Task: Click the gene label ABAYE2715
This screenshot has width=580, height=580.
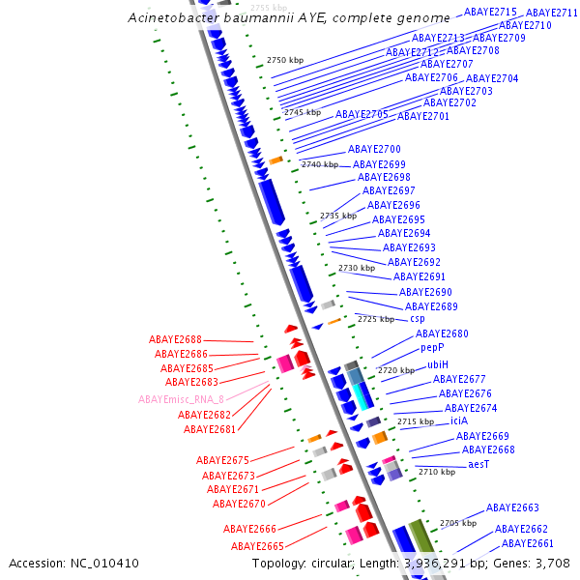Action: (490, 12)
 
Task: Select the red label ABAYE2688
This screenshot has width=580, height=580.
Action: (175, 340)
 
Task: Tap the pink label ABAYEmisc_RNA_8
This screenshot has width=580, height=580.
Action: (181, 399)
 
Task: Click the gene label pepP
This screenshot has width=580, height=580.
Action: (432, 347)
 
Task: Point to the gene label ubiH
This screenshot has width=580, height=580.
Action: (438, 364)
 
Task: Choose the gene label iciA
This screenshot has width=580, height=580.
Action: (459, 420)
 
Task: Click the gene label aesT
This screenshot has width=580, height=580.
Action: (478, 464)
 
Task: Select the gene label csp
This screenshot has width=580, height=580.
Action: (418, 318)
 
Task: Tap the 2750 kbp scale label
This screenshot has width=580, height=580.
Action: (285, 60)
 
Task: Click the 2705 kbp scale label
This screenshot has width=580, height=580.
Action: (458, 523)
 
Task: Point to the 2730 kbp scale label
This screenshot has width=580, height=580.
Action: (356, 268)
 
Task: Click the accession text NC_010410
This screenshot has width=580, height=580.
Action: (108, 563)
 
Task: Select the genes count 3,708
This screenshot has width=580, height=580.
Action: (550, 563)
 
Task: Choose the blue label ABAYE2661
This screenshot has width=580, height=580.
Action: (528, 543)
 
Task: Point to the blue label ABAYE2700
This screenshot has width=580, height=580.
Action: (374, 149)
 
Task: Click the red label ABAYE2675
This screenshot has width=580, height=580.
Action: (222, 460)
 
